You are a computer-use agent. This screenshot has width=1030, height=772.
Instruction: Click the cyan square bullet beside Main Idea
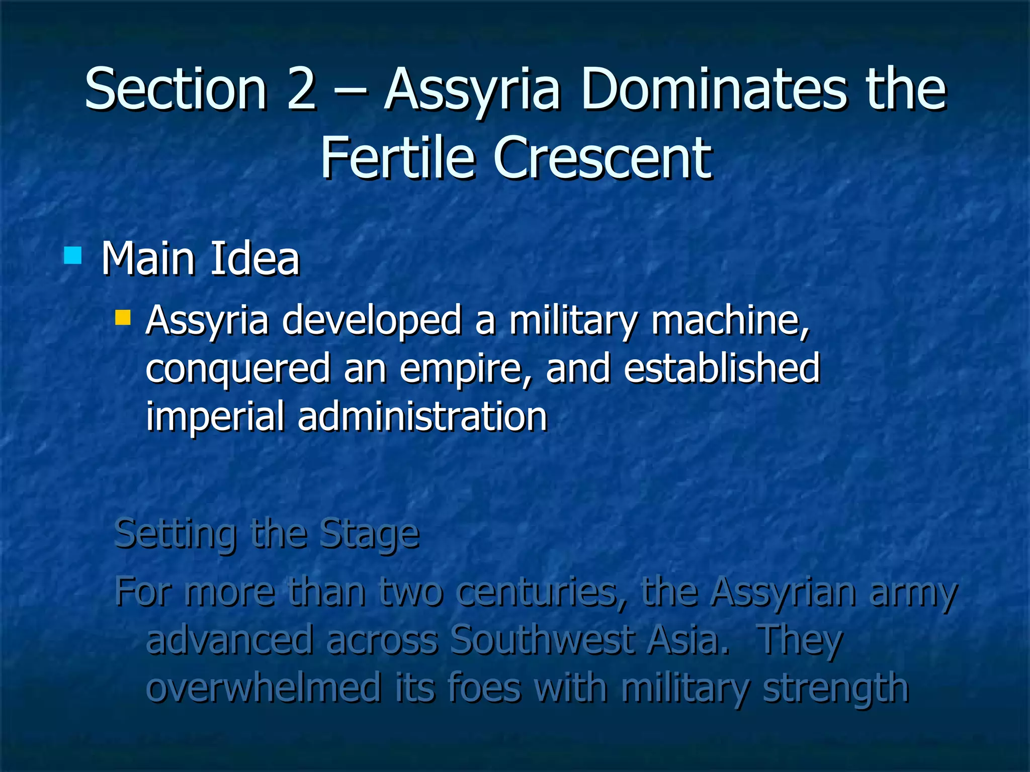tap(73, 255)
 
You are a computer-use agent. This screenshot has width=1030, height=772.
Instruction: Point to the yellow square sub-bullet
tap(123, 318)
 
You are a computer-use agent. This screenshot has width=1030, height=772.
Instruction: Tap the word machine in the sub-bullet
tap(730, 321)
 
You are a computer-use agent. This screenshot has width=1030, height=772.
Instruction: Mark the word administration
tap(422, 416)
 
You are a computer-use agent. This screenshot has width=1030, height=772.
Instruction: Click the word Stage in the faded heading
tap(369, 534)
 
